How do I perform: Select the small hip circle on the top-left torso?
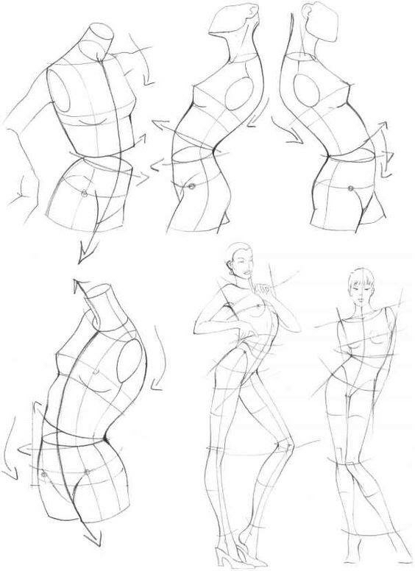(x=85, y=194)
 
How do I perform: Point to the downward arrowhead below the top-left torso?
(x=81, y=253)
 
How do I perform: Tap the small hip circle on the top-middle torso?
(x=191, y=187)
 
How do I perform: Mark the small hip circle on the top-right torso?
(x=351, y=189)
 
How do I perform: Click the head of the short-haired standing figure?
(x=361, y=285)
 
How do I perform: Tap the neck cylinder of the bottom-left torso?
(x=103, y=308)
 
